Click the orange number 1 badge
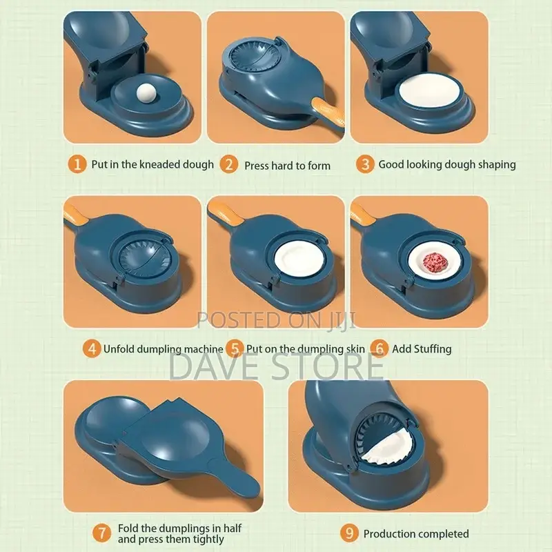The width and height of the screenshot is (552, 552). (x=79, y=164)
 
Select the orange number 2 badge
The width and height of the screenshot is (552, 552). (x=229, y=164)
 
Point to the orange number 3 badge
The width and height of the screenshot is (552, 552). (x=365, y=164)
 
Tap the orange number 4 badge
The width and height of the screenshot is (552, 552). (x=91, y=348)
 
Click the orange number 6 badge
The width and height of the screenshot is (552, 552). (x=379, y=348)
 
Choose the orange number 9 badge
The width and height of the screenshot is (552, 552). (x=350, y=533)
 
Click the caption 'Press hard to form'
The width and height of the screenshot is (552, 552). (x=287, y=165)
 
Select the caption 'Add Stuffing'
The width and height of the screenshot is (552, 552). (x=422, y=348)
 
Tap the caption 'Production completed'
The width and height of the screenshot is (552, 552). (x=416, y=533)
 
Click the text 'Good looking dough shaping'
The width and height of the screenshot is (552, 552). (x=446, y=165)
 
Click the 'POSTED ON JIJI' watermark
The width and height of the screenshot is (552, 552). (x=276, y=319)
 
